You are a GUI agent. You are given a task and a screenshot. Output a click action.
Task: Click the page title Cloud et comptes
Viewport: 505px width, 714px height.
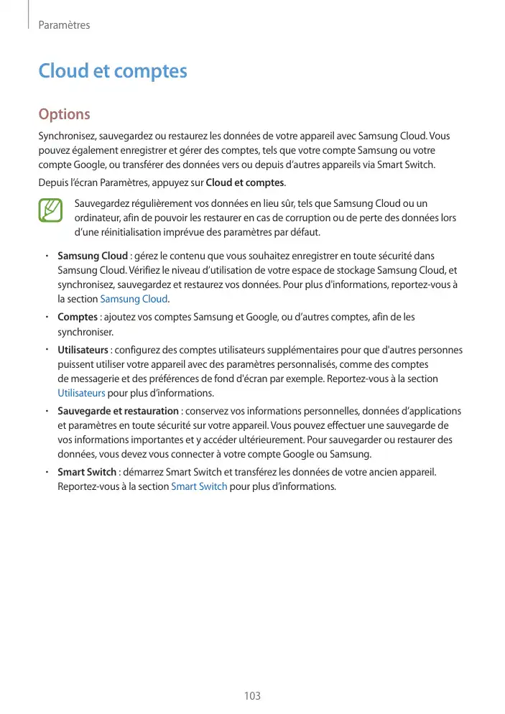[x=112, y=72]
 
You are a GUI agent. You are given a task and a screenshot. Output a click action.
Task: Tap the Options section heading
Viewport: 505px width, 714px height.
[x=64, y=114]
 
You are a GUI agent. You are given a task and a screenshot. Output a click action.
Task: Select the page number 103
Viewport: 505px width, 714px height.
[x=252, y=696]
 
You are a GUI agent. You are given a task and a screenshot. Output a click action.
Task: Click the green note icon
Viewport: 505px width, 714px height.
[x=52, y=209]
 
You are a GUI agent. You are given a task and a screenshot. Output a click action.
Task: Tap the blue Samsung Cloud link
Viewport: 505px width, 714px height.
[x=134, y=299]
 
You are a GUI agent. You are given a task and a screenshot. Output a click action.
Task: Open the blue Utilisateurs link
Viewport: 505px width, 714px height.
[x=81, y=394]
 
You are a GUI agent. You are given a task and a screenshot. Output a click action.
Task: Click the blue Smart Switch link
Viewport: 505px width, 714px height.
[x=199, y=486]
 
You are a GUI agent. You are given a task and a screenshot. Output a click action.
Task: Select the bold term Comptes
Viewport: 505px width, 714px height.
[x=78, y=317]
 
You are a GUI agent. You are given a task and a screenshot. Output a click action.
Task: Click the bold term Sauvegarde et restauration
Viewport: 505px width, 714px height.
[x=118, y=411]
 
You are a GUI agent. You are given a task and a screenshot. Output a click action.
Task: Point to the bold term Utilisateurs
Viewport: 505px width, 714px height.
[x=83, y=351]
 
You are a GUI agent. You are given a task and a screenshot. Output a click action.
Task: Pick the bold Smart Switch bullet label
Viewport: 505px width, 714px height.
[x=87, y=472]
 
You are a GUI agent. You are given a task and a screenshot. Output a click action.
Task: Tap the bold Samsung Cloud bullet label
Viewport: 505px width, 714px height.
[x=93, y=256]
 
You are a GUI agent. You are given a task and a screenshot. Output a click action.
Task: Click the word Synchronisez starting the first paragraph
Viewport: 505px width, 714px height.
[x=66, y=136]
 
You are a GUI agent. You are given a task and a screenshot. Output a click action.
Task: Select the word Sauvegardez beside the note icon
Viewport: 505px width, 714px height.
[x=103, y=204]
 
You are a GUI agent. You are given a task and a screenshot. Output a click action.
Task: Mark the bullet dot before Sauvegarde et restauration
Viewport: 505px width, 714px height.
[x=45, y=411]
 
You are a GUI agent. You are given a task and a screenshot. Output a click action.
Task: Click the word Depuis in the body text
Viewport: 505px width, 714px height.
[x=52, y=182]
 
